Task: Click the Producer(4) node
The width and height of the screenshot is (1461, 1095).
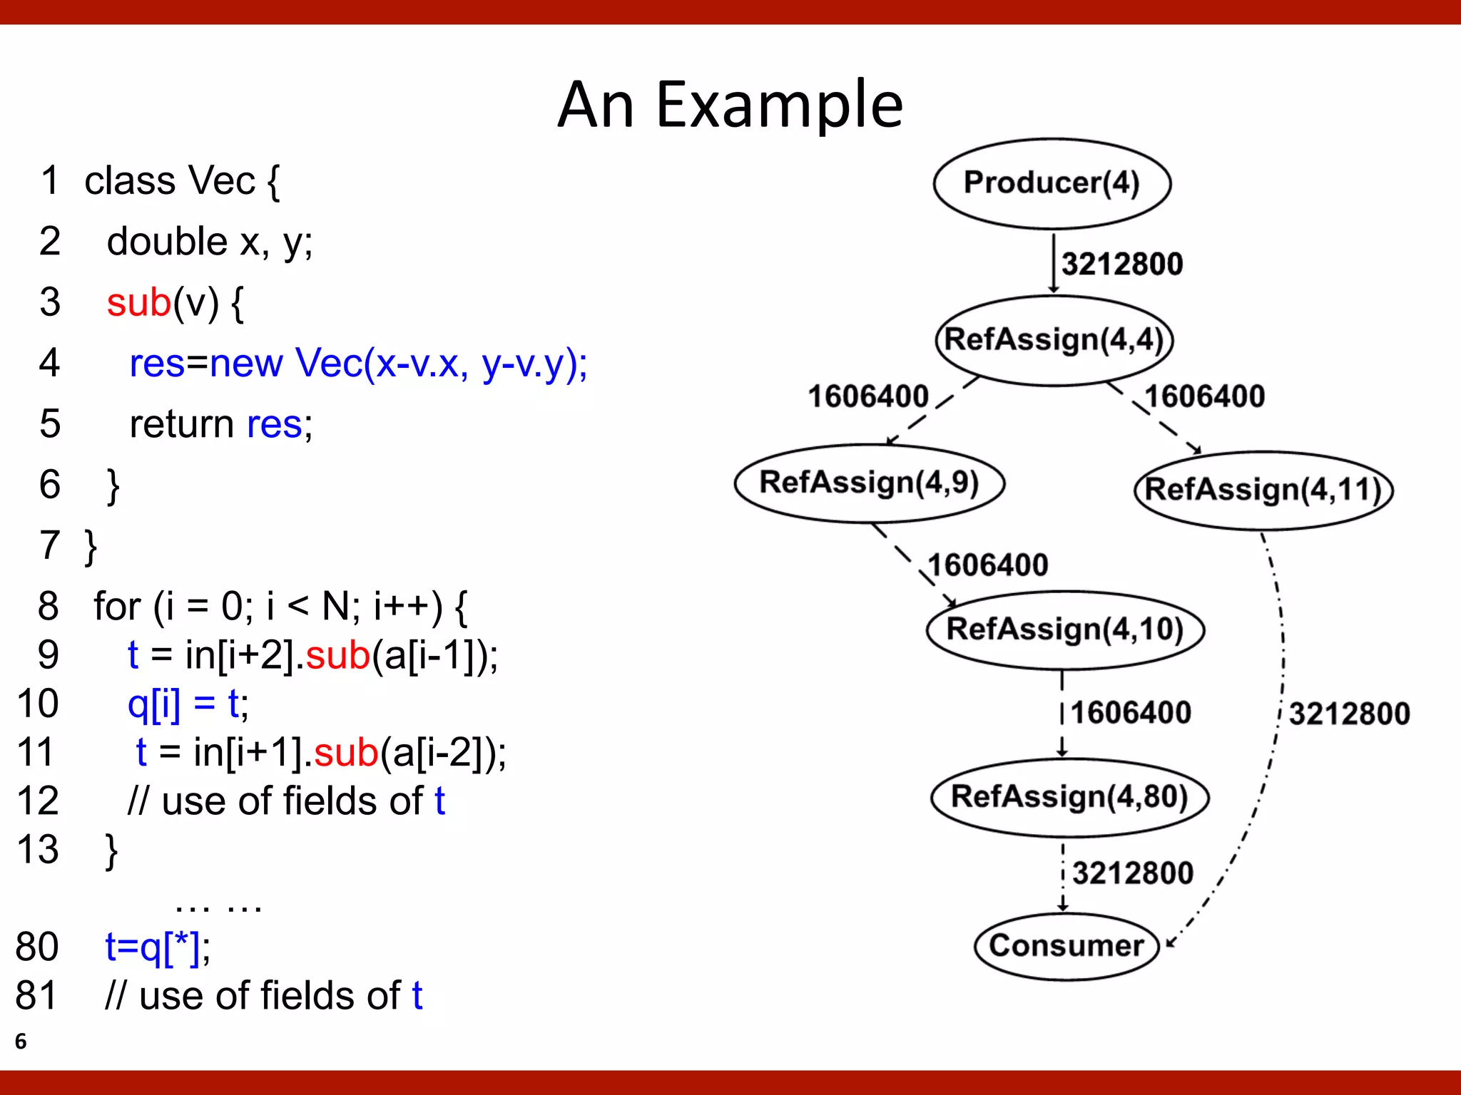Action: (x=1052, y=183)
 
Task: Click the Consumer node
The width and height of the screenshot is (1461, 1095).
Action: (x=1067, y=946)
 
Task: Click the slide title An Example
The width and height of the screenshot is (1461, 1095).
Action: (x=730, y=105)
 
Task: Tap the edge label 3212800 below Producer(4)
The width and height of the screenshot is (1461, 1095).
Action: (x=1121, y=264)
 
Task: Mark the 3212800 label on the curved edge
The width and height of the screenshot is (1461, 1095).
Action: (x=1349, y=714)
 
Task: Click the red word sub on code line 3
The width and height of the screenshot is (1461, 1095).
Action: (x=139, y=302)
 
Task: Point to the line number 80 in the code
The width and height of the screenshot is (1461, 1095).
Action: (x=37, y=947)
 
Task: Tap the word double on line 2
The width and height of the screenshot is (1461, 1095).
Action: (x=167, y=242)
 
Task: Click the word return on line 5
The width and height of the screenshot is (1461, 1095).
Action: (x=181, y=424)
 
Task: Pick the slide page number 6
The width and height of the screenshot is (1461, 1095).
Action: (x=21, y=1042)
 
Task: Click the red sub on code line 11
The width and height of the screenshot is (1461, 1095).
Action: (x=346, y=753)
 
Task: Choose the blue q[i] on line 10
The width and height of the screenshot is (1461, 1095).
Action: (x=153, y=704)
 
